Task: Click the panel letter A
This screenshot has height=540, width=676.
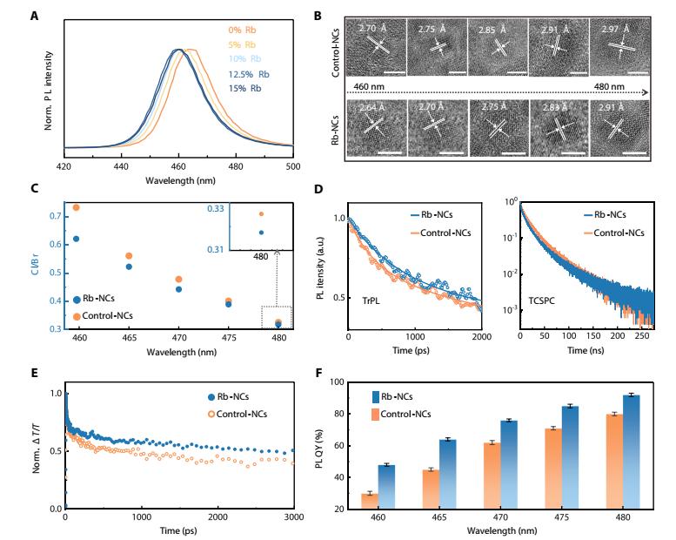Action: [48, 14]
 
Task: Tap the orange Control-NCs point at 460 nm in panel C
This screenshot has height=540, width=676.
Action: [76, 207]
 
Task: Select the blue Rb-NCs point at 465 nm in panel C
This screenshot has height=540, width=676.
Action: [129, 267]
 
